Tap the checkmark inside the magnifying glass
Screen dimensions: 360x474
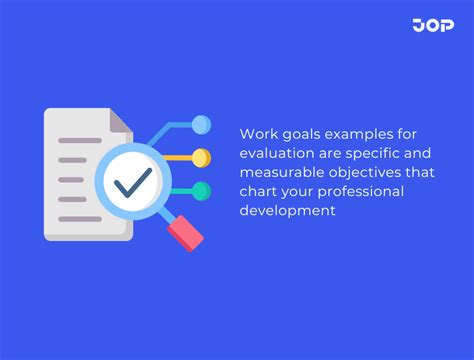[132, 182]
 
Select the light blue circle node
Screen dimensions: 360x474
[201, 125]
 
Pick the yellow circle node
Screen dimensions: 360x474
[201, 157]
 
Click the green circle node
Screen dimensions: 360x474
[201, 190]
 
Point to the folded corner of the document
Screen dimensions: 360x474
[120, 121]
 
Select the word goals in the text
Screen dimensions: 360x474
[300, 133]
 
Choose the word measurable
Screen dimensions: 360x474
[280, 171]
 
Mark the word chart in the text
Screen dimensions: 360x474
[258, 190]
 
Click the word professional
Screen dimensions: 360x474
[349, 190]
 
